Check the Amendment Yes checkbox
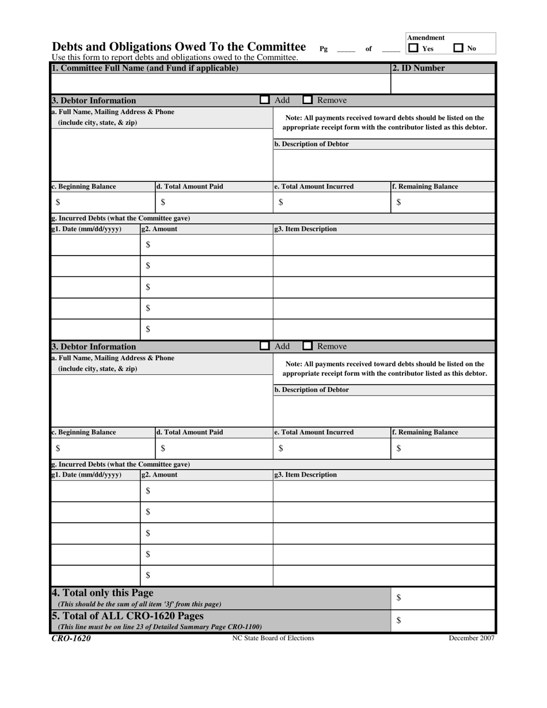413,48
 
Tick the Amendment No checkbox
458,48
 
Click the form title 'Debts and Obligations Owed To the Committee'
178,47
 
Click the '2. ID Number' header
419,68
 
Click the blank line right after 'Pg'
346,50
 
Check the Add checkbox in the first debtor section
264,100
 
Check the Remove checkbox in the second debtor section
308,347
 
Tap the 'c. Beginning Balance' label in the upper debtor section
84,186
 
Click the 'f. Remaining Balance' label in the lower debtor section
425,432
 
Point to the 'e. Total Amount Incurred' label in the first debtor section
314,186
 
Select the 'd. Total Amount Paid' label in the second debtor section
190,432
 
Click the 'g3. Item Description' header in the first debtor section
306,229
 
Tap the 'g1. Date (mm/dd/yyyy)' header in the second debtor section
87,475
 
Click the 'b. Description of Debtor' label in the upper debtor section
312,144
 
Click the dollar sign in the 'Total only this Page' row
398,598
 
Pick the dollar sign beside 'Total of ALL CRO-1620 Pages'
398,620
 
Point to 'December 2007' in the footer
472,638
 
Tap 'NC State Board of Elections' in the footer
273,638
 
